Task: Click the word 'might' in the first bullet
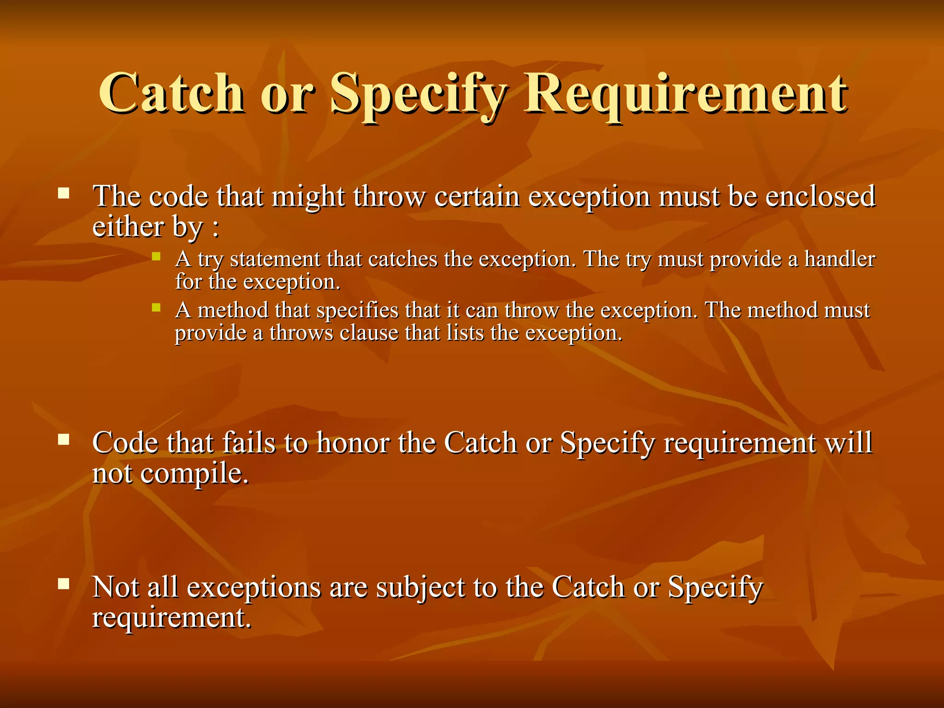coord(307,197)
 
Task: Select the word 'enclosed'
coord(820,196)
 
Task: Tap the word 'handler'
coord(839,259)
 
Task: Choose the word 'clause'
coord(369,333)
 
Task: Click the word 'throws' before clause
coord(301,333)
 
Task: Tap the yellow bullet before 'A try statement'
coord(156,256)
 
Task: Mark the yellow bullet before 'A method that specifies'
coord(156,307)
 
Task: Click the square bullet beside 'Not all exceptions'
coord(64,584)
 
